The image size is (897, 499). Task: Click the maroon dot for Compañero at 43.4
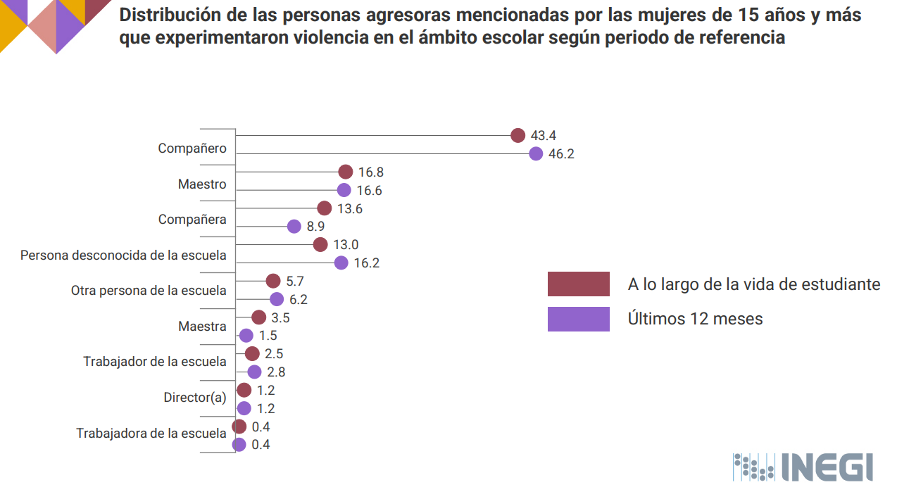point(518,136)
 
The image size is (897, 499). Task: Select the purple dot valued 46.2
point(536,154)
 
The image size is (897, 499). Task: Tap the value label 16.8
point(370,172)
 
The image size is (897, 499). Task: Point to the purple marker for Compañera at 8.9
point(294,227)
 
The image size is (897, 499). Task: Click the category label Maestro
point(202,184)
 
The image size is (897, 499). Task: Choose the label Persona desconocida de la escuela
point(123,255)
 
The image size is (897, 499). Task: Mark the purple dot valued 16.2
point(341,263)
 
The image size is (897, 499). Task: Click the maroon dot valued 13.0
point(320,245)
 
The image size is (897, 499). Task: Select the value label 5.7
point(295,281)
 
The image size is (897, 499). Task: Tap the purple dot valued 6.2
point(277,299)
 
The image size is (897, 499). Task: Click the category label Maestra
point(202,327)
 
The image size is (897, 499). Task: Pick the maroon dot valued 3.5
point(259,317)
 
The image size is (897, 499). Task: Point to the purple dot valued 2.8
point(254,372)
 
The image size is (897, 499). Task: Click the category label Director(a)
point(195,398)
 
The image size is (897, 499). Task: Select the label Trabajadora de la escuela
point(151,434)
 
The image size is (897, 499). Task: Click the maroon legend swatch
point(578,284)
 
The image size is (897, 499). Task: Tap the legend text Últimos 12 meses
point(695,319)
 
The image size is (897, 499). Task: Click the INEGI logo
point(803,467)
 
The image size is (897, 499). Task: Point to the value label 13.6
point(349,209)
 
